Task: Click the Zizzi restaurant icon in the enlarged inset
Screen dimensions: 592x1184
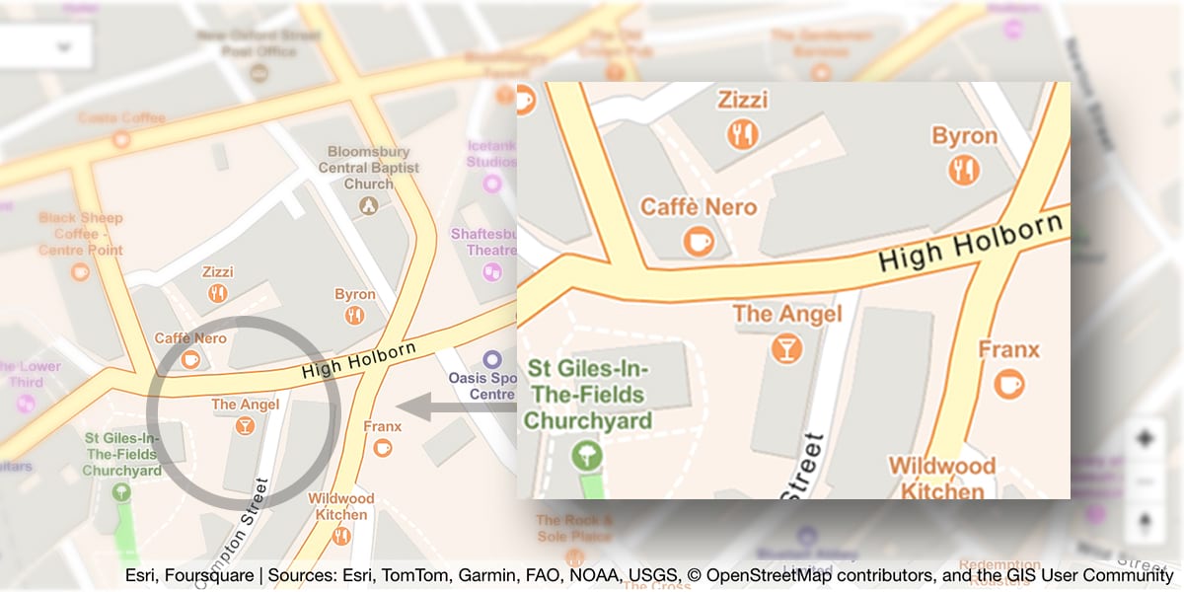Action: tap(742, 133)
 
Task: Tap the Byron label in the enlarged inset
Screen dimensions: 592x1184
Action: tap(964, 136)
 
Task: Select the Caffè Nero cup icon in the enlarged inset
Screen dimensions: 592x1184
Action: tap(699, 240)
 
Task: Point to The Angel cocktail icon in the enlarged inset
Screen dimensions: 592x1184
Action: tap(787, 347)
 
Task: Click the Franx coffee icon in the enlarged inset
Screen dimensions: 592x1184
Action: tap(1008, 383)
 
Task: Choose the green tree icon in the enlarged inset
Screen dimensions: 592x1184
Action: tap(586, 456)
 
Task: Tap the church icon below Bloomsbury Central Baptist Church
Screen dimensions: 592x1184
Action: tap(368, 205)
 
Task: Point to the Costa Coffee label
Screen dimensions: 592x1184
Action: tap(121, 118)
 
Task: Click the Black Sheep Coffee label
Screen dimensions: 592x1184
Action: tap(81, 234)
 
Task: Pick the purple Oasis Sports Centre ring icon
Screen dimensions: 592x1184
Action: tap(491, 359)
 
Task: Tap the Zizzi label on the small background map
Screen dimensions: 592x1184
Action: tap(217, 271)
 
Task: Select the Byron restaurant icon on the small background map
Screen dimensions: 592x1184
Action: tap(354, 315)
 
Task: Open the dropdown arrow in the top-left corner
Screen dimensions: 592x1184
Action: tap(65, 46)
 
